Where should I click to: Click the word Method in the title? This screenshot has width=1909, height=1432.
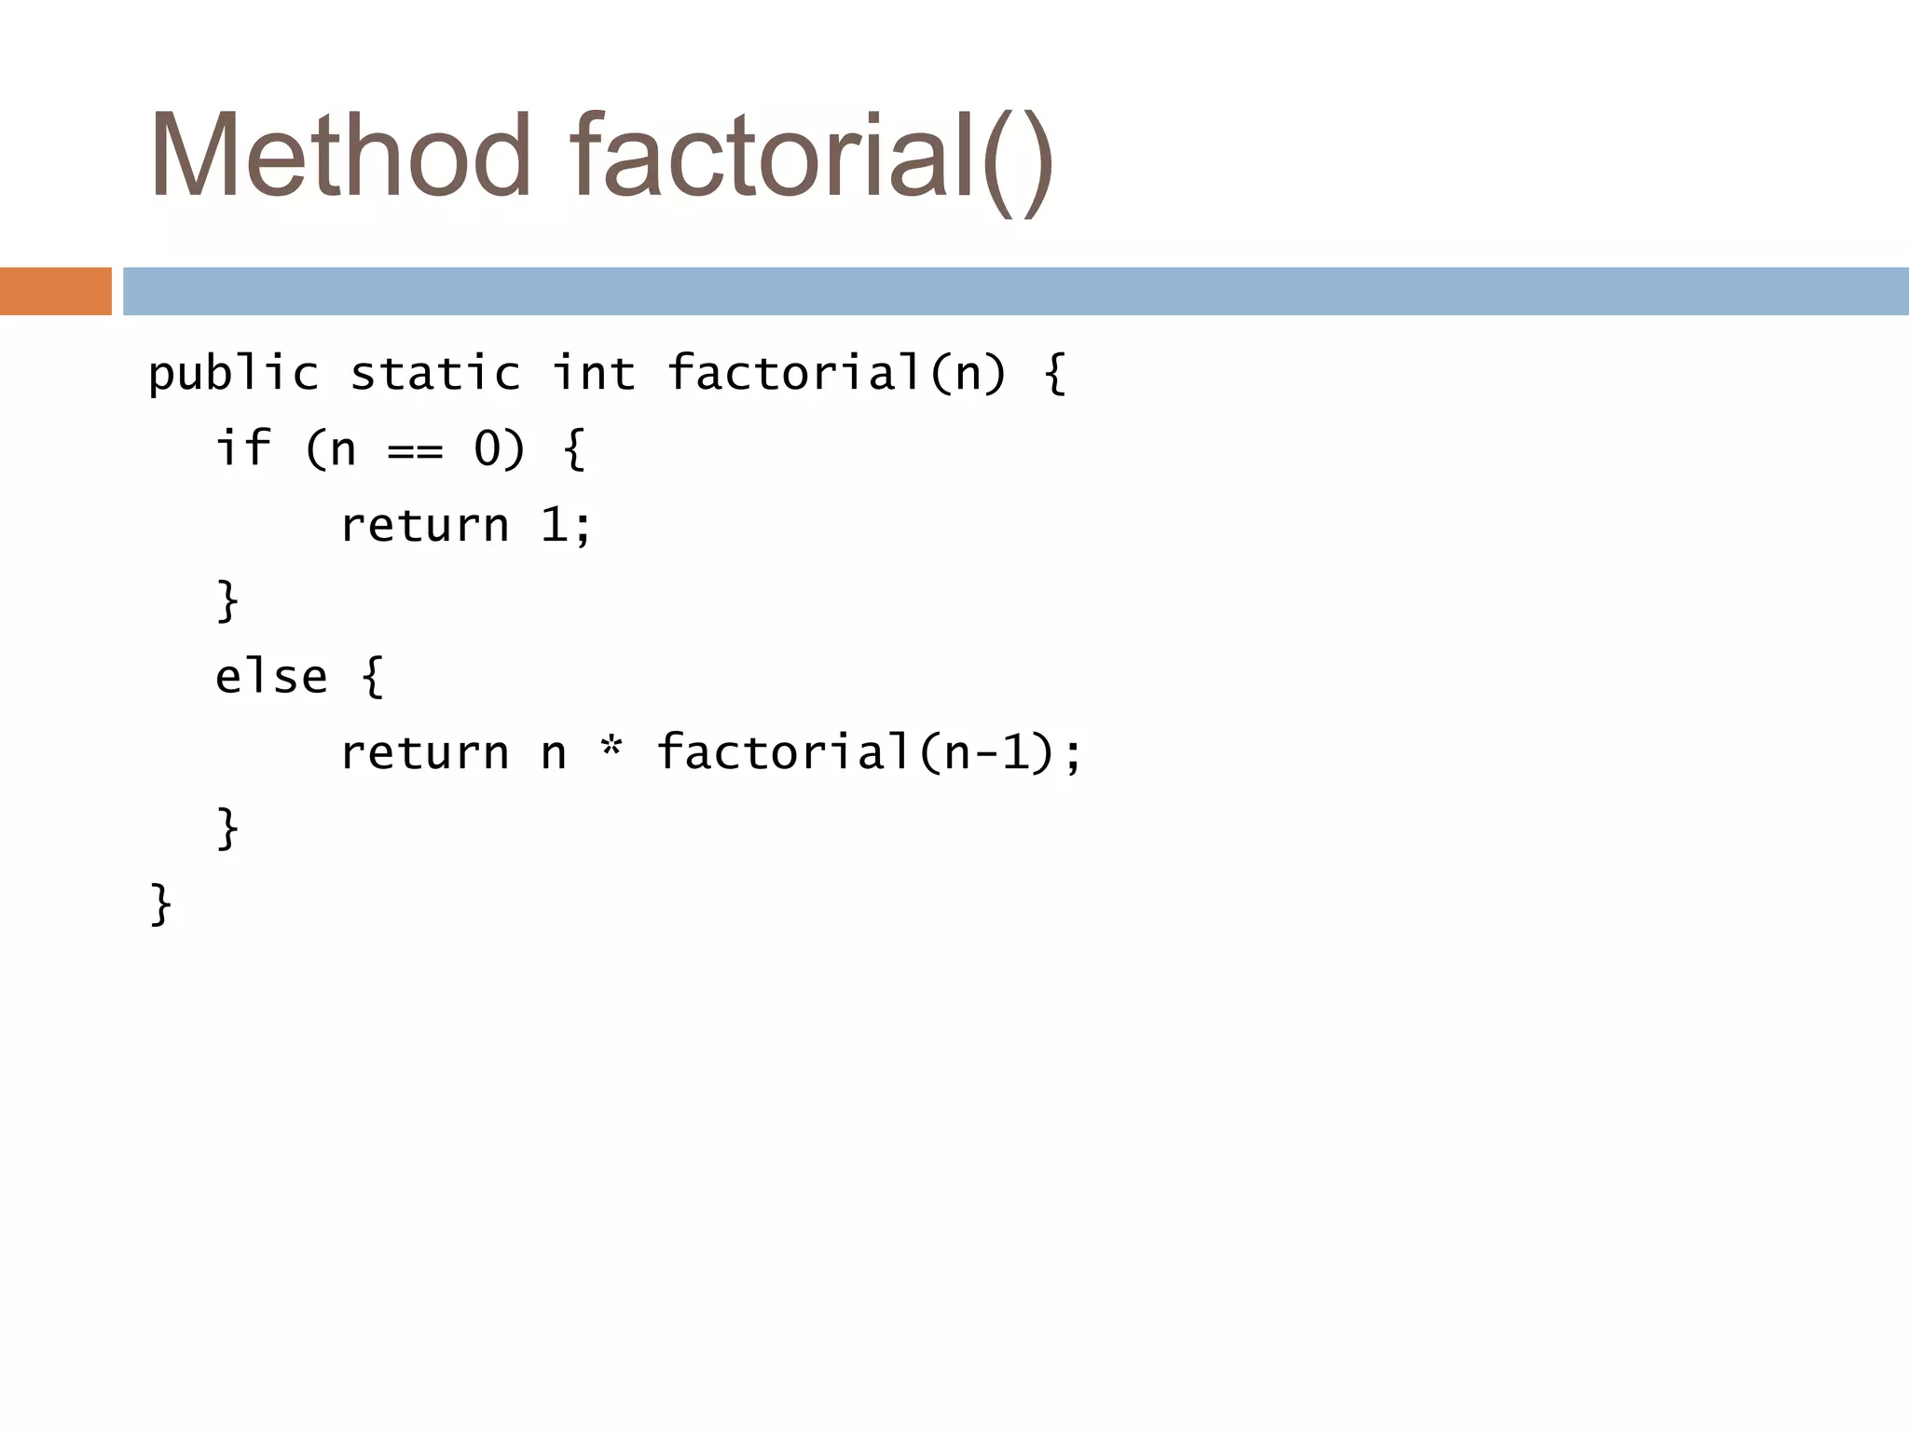[340, 157]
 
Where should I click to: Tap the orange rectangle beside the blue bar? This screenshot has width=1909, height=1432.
[56, 291]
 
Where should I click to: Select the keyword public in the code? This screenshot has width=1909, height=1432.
[233, 375]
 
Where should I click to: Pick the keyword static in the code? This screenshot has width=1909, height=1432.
[434, 375]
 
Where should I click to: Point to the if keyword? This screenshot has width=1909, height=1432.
[242, 448]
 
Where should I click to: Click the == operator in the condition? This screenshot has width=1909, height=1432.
[415, 452]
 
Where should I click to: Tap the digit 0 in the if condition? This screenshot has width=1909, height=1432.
[488, 449]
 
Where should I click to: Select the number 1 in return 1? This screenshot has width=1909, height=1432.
[554, 525]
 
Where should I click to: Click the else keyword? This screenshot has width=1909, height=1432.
[271, 677]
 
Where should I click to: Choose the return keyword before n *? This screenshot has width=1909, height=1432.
[425, 753]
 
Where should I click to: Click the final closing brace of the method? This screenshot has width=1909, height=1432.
[160, 904]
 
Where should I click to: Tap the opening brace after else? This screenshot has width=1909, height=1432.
[373, 677]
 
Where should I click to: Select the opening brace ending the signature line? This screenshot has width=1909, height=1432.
[1054, 375]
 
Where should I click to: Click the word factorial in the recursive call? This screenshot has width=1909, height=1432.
[783, 752]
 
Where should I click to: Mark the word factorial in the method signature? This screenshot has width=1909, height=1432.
[795, 374]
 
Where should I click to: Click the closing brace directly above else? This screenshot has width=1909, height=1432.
[227, 600]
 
